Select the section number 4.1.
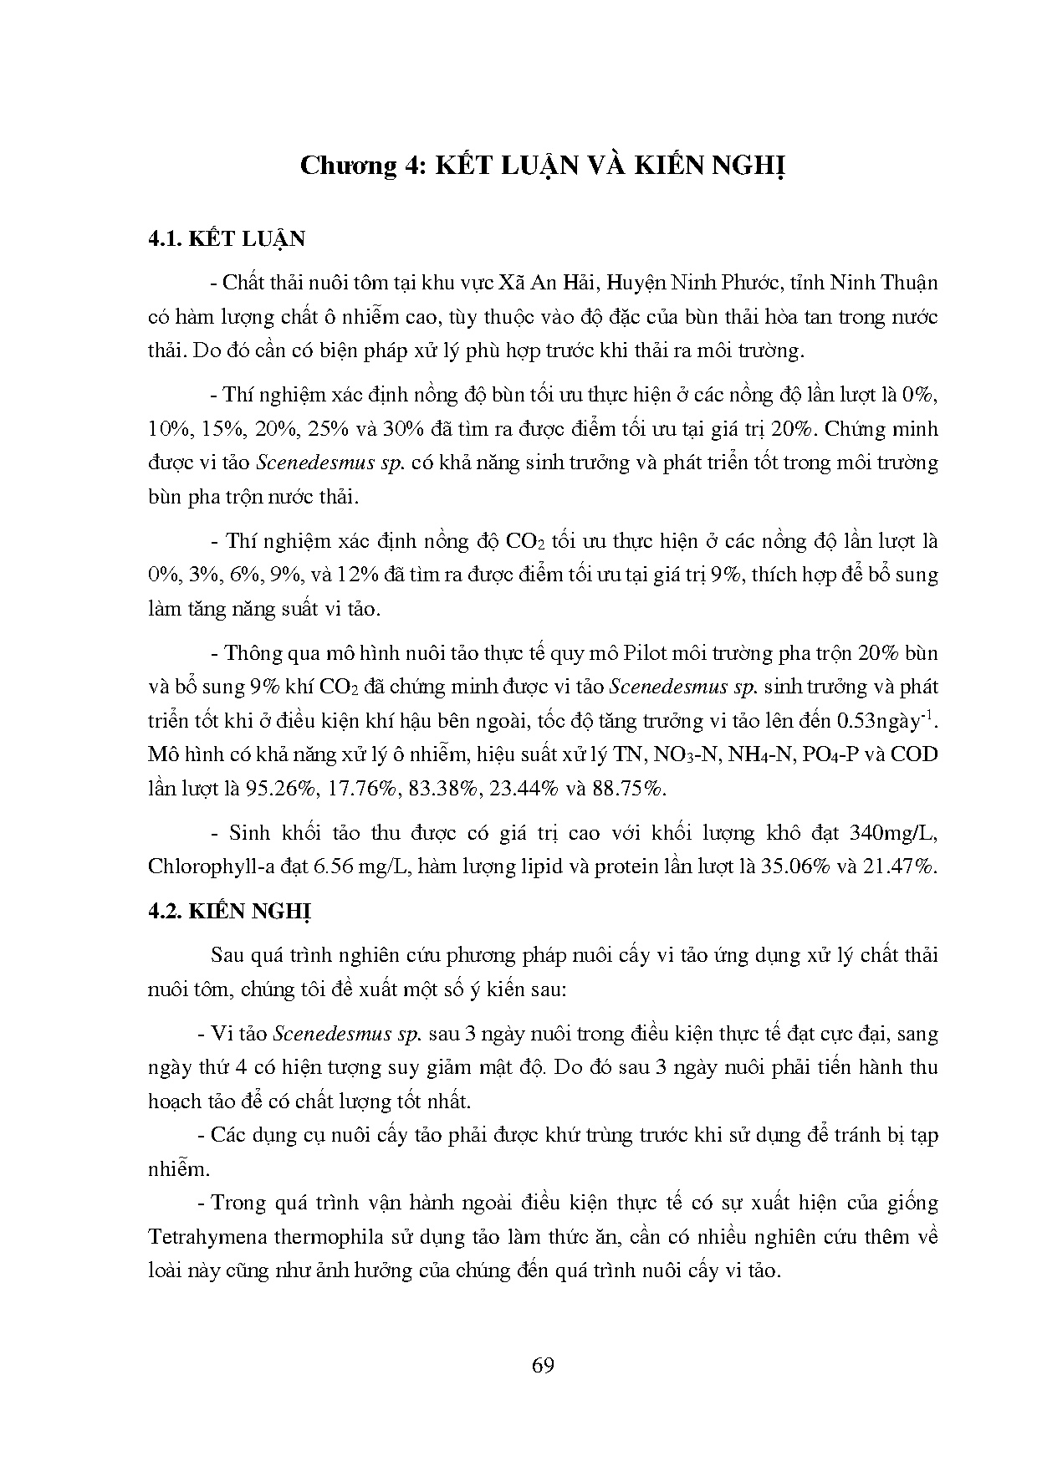click(x=164, y=239)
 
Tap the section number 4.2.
click(x=164, y=911)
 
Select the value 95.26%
click(x=277, y=789)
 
